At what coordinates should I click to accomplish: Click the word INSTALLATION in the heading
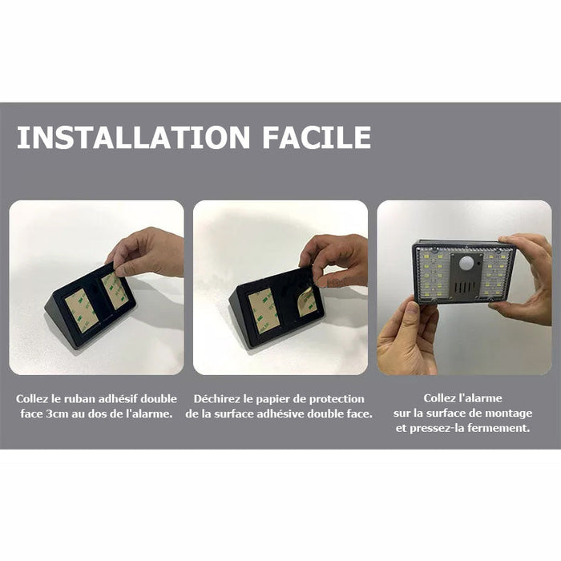pyautogui.click(x=133, y=137)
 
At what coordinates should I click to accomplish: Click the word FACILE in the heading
pyautogui.click(x=317, y=137)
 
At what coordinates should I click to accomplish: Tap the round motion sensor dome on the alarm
pyautogui.click(x=466, y=263)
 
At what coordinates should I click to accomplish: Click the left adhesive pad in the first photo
pyautogui.click(x=81, y=310)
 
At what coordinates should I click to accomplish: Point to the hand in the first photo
pyautogui.click(x=147, y=253)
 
